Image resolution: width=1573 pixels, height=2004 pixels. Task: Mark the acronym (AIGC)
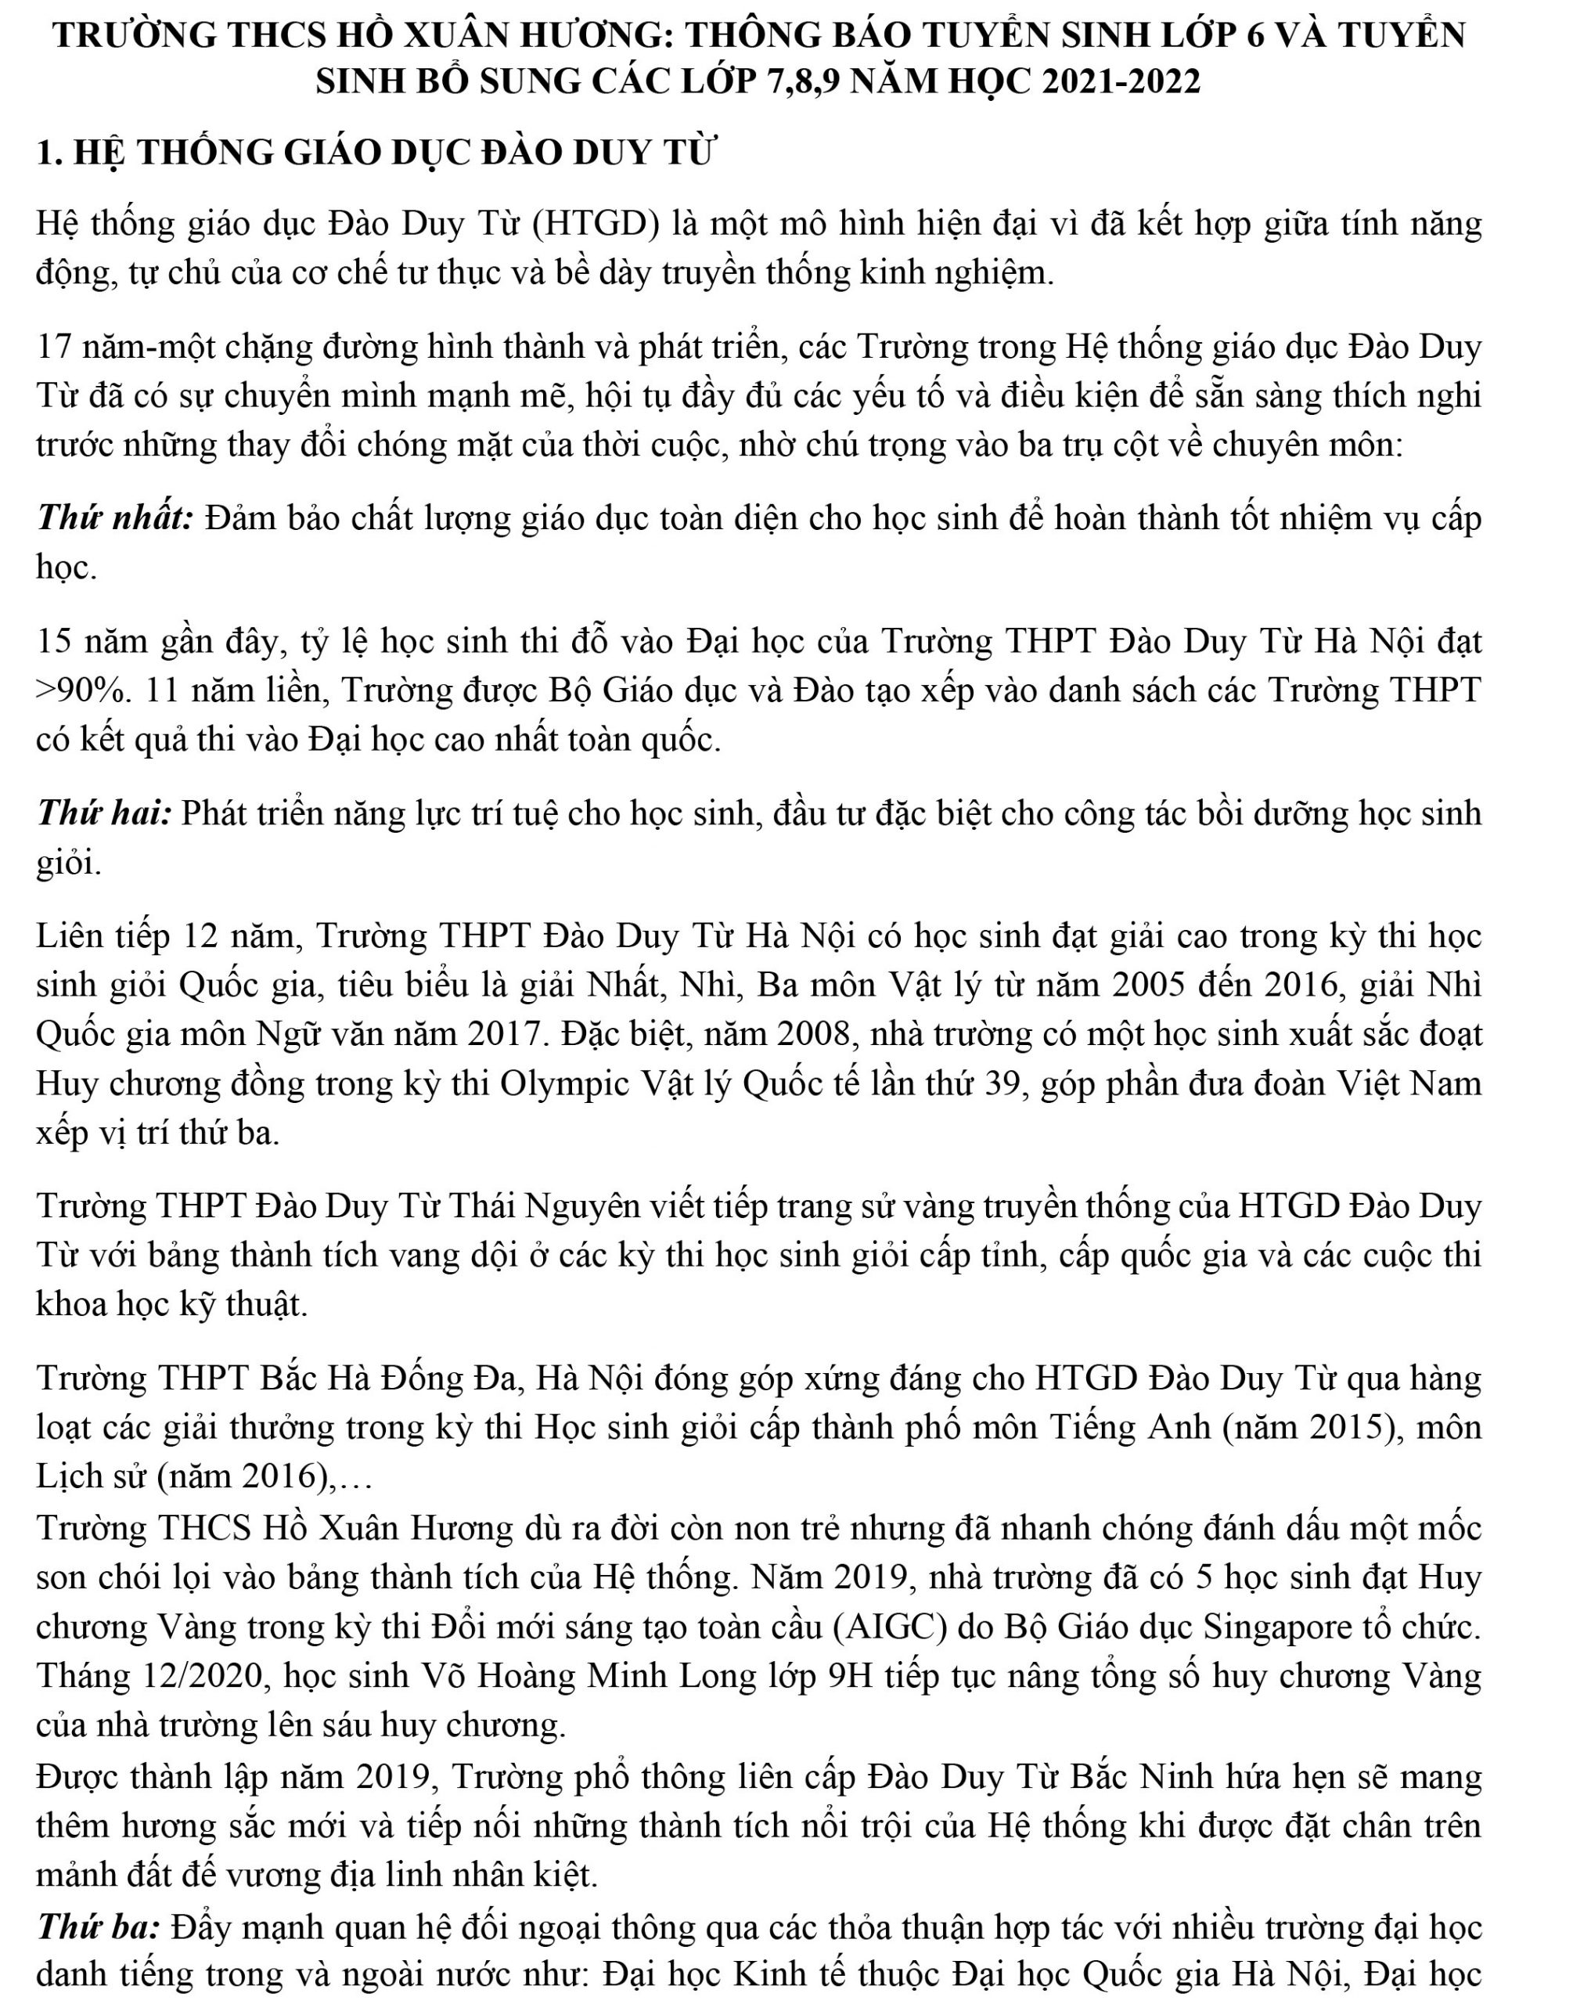click(x=890, y=1627)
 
